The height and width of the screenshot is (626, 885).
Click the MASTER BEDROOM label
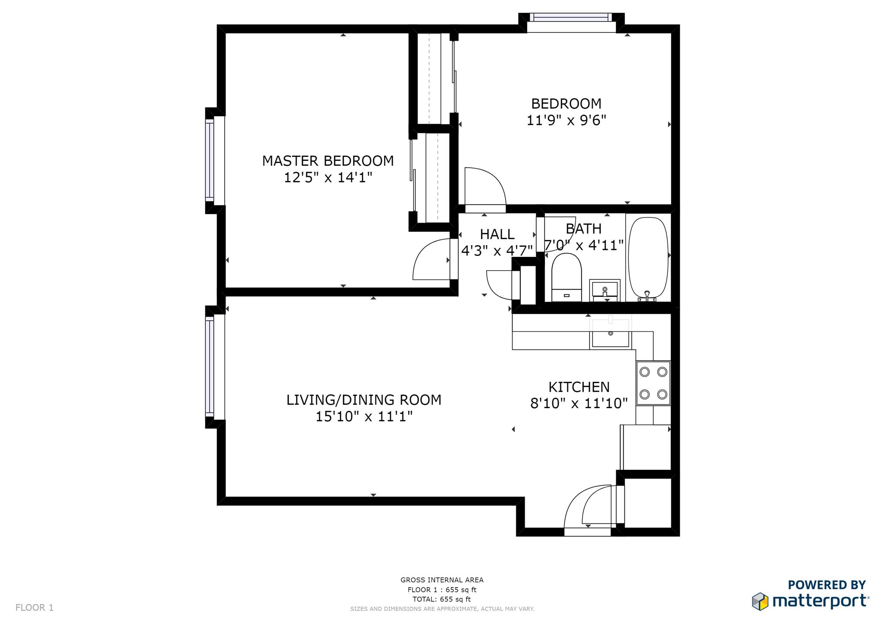point(328,161)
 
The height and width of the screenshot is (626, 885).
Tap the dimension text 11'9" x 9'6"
point(566,120)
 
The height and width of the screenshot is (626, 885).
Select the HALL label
point(497,234)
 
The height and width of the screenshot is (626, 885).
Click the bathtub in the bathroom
point(648,259)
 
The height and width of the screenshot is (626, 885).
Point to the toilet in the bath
point(567,277)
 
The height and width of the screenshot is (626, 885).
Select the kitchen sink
point(610,333)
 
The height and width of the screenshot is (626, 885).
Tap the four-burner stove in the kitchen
point(653,383)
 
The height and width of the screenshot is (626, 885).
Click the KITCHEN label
point(579,387)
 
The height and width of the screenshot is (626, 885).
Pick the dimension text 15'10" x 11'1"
point(364,417)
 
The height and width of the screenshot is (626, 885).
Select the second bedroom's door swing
point(484,188)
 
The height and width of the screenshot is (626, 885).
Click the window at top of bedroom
point(571,18)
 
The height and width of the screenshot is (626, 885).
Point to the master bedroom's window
point(210,160)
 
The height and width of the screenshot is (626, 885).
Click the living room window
point(210,367)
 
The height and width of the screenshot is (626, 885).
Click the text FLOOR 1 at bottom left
point(35,608)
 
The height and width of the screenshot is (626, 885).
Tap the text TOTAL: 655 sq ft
point(441,599)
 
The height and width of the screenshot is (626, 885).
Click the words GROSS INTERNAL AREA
point(442,580)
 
